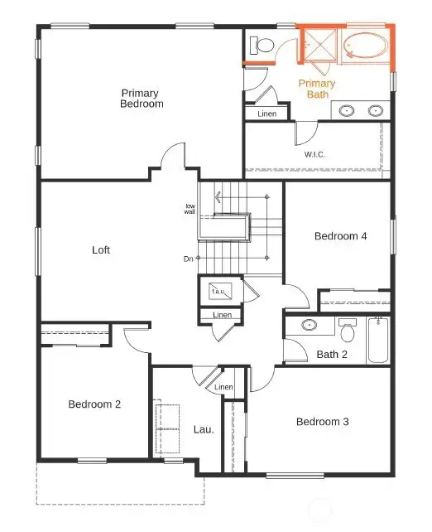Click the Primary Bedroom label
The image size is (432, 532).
(142, 99)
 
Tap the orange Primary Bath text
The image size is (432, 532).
(317, 89)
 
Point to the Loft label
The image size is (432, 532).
(101, 249)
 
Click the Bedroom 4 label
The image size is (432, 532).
(340, 236)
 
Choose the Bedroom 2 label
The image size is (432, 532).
(94, 404)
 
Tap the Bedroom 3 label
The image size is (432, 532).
(322, 422)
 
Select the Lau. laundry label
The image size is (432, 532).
(204, 429)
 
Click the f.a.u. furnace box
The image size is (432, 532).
(219, 292)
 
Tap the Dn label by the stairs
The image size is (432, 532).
(189, 259)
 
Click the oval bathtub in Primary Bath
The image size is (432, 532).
(364, 45)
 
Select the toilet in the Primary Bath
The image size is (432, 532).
(263, 45)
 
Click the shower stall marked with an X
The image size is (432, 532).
(318, 45)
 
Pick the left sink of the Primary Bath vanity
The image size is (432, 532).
(346, 110)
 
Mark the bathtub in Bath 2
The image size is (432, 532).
(378, 340)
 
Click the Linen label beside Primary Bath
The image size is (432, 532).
(266, 114)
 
